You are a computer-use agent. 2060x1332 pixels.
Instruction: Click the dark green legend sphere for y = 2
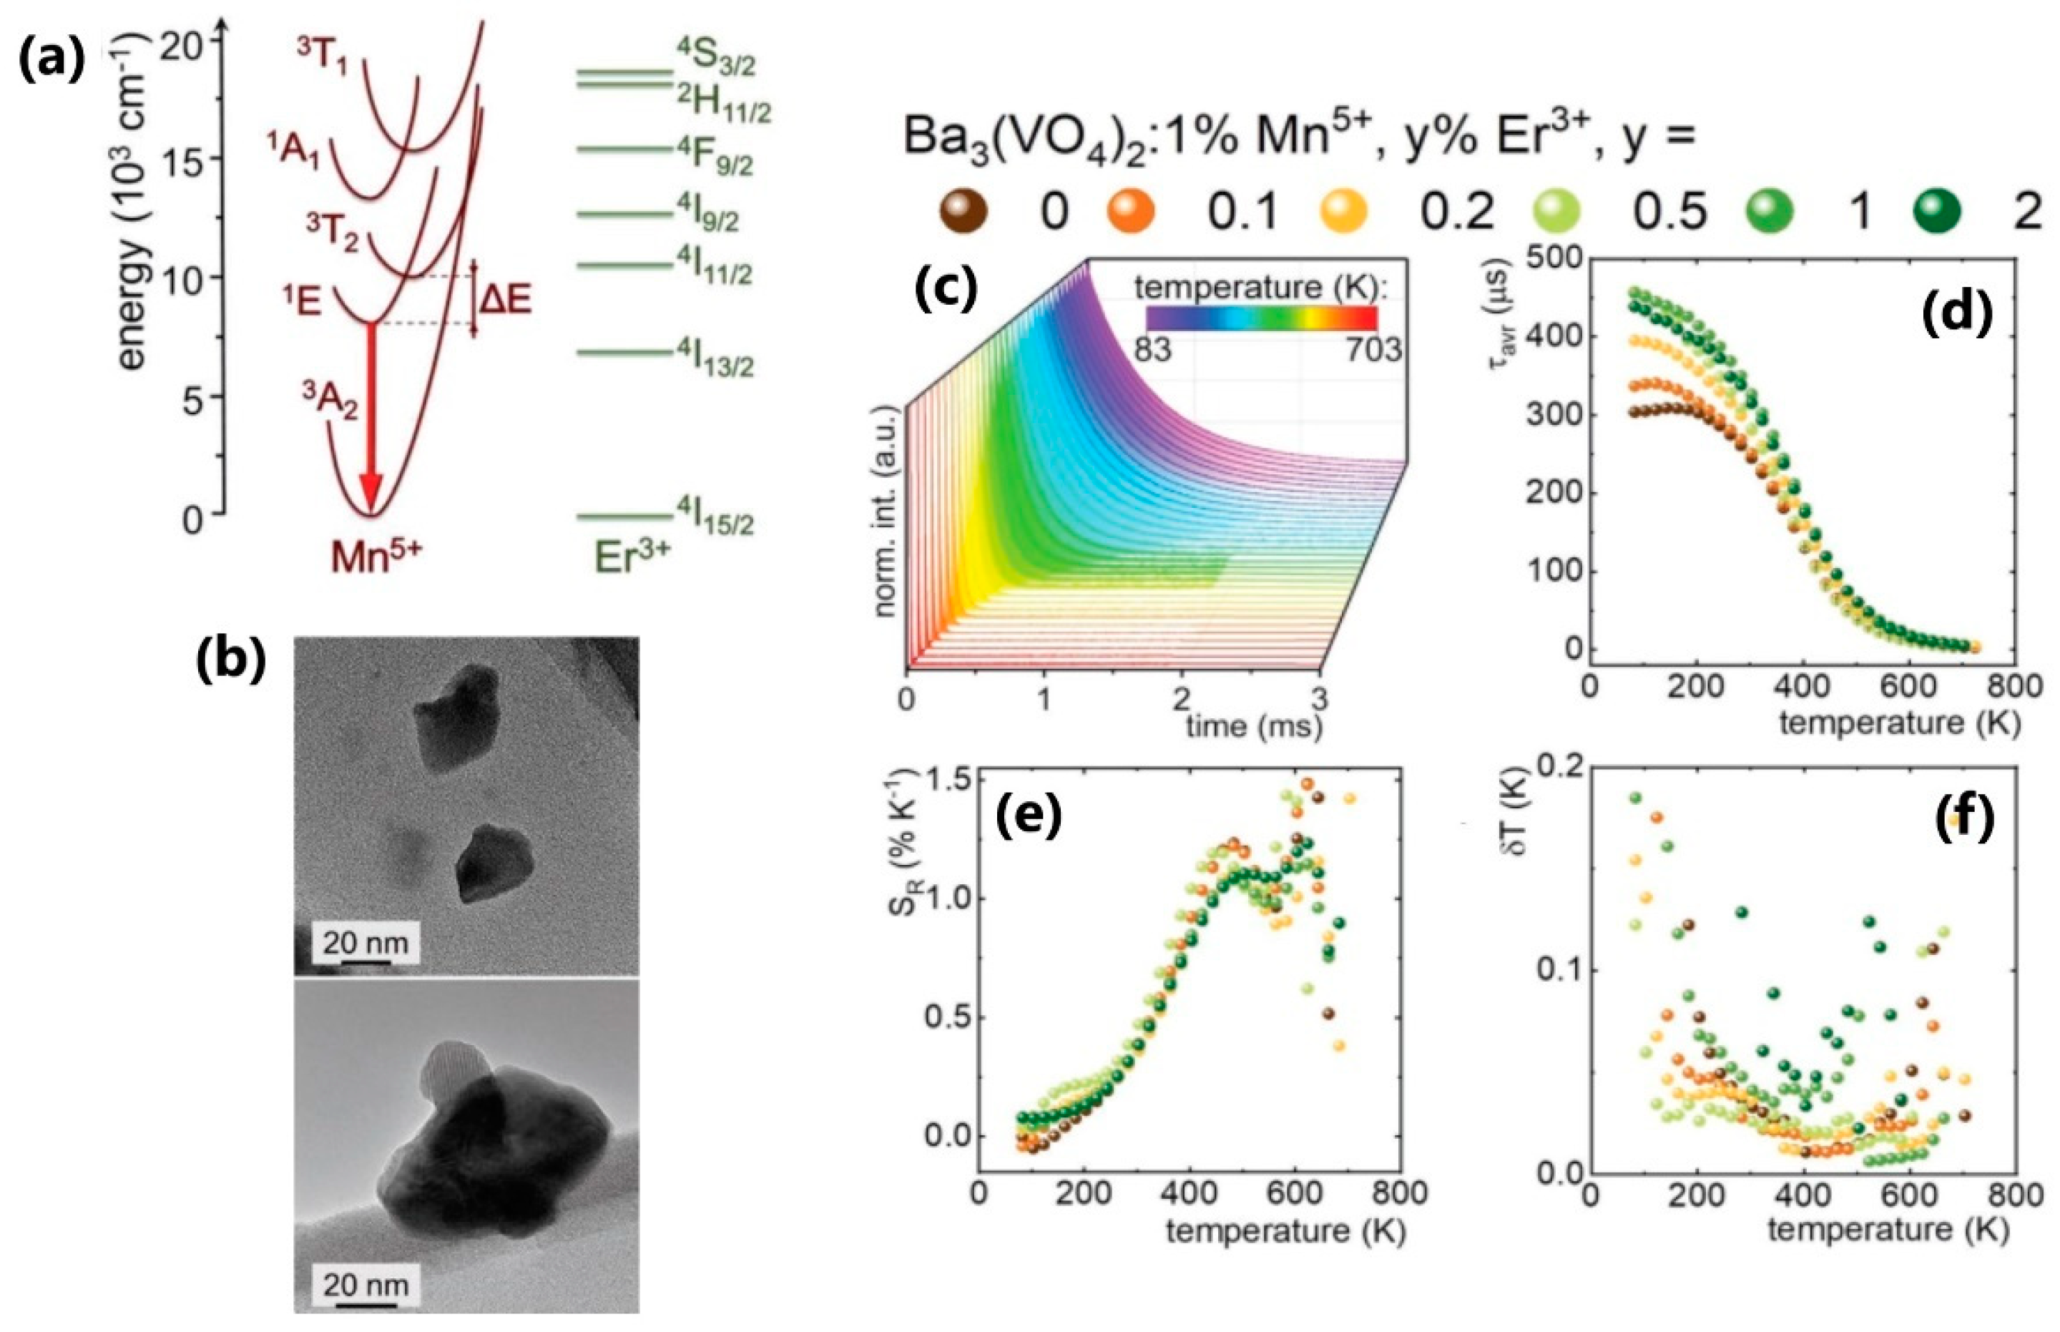(1936, 210)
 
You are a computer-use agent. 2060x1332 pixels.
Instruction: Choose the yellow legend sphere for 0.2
(1343, 210)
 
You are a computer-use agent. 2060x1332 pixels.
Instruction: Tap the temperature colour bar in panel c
(1260, 318)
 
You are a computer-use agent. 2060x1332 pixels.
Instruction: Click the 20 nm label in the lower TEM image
(365, 1286)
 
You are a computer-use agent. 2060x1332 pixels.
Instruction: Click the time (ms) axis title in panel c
(1253, 727)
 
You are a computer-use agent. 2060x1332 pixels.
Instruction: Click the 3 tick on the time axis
(1319, 697)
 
